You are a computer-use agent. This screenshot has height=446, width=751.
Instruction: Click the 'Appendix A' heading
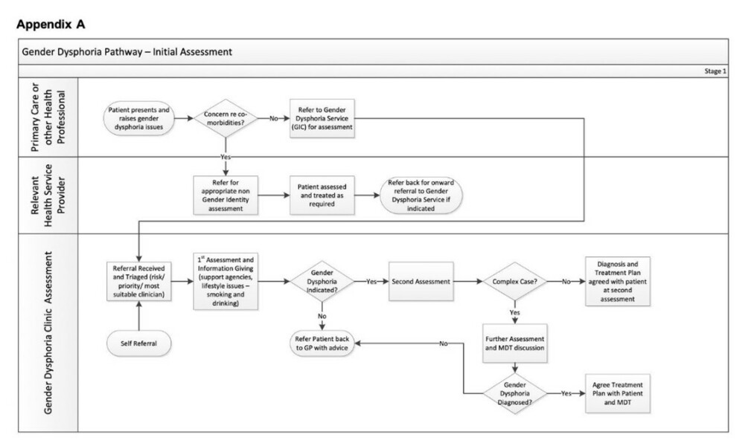point(51,25)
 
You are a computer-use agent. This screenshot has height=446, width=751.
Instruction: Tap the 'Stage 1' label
point(715,70)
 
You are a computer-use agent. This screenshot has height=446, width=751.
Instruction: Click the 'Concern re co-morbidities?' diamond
point(225,118)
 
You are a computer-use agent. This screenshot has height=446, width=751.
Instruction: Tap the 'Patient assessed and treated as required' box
point(322,195)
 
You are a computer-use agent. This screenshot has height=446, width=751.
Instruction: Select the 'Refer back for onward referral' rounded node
point(421,195)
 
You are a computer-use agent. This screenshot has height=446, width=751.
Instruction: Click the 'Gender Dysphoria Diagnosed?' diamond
point(515,392)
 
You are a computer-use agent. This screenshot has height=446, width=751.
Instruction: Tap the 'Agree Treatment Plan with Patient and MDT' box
point(619,392)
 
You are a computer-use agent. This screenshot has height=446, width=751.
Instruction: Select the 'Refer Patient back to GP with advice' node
point(322,343)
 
